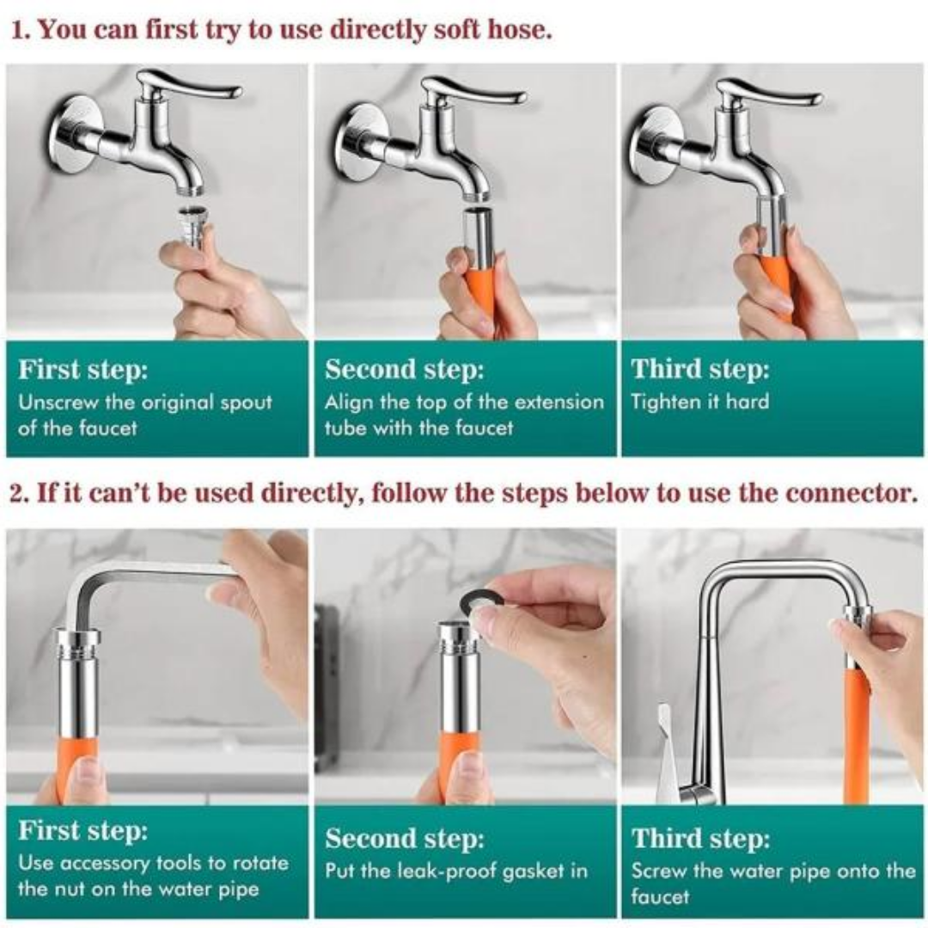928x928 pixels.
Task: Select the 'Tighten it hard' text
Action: [x=700, y=402]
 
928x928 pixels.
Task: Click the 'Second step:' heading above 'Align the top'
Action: [x=404, y=369]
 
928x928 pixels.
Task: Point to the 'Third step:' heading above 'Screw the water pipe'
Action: [x=701, y=839]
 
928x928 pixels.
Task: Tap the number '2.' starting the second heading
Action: [x=19, y=493]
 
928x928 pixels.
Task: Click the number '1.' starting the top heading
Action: [x=21, y=29]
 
